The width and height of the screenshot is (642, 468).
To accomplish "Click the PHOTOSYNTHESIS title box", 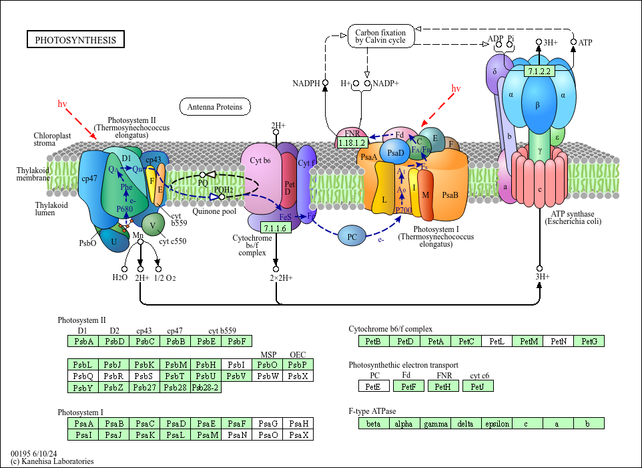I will click(x=75, y=40).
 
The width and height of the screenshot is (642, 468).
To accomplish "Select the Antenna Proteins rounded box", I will click(x=214, y=106).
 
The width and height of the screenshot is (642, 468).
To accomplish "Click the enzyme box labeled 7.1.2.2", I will click(x=539, y=72).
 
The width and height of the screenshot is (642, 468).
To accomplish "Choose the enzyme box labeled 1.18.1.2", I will click(x=352, y=143).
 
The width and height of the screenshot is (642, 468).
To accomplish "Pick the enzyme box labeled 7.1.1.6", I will click(x=275, y=228).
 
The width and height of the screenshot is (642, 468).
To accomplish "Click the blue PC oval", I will click(x=352, y=236).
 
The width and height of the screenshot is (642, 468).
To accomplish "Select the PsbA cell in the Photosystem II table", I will click(x=83, y=342).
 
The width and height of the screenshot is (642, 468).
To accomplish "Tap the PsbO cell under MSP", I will click(x=268, y=364).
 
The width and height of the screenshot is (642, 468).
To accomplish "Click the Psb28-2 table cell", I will click(x=206, y=387).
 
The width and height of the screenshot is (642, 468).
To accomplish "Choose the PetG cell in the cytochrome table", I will click(x=589, y=342).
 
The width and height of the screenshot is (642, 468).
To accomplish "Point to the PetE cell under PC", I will click(x=373, y=386).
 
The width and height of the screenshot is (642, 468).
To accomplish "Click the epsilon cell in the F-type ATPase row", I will click(x=497, y=423).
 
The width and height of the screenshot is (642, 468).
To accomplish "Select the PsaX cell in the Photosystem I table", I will click(x=298, y=435).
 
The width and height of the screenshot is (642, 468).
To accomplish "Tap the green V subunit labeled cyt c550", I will click(x=153, y=225).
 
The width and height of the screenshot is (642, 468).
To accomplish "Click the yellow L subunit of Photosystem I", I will click(x=384, y=199).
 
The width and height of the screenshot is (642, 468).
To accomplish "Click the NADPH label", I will click(x=306, y=84).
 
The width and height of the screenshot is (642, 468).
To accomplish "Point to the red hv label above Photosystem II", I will click(x=62, y=104).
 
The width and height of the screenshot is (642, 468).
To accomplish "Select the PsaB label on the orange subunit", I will click(x=450, y=195).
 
